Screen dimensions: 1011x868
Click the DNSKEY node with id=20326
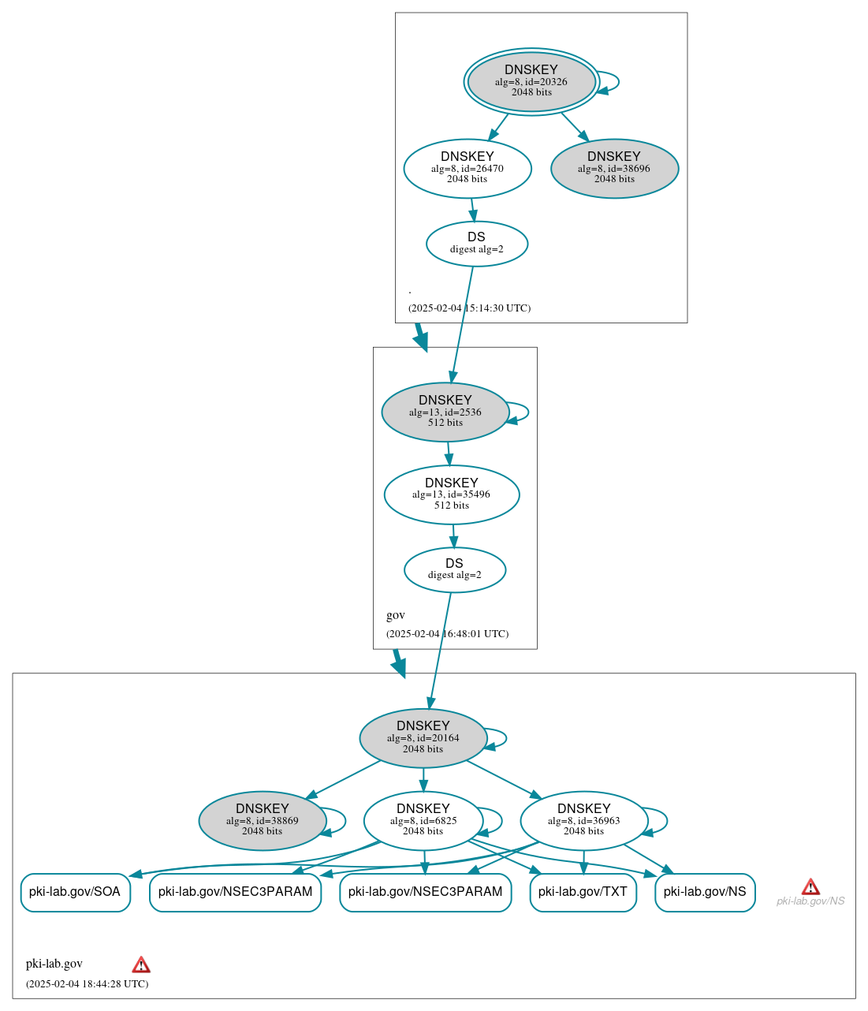[x=531, y=81]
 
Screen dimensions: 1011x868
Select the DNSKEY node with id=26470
[x=468, y=168]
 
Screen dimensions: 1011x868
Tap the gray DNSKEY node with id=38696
[x=614, y=168]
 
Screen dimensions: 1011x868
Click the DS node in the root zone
[x=477, y=244]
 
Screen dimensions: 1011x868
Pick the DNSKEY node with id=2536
[x=445, y=412]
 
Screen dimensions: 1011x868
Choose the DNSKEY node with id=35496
[x=452, y=494]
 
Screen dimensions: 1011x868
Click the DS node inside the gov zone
[x=455, y=569]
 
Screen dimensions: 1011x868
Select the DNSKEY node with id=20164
[x=423, y=738]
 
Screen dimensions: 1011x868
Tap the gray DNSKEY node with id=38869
[x=263, y=821]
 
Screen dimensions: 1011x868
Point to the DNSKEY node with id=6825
[x=423, y=821]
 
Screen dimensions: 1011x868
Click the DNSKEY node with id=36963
[x=584, y=821]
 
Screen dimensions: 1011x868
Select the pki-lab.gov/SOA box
[x=75, y=892]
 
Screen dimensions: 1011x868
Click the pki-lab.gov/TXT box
[x=583, y=892]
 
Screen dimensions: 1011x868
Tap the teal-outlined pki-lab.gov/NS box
[x=705, y=892]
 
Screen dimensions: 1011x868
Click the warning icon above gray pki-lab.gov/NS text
[x=810, y=887]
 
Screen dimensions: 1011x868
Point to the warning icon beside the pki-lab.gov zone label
[x=141, y=964]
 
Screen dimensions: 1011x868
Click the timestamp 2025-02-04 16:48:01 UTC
[x=447, y=633]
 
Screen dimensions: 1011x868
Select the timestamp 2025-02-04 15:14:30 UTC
[x=469, y=308]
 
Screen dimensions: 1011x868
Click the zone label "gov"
[x=396, y=615]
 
